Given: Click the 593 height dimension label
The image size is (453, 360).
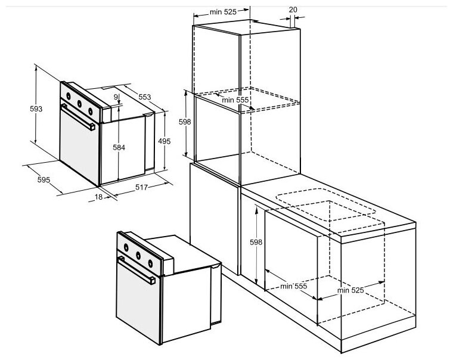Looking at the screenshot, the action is pos(36,109).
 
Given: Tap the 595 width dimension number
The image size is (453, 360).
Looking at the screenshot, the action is pos(44,180).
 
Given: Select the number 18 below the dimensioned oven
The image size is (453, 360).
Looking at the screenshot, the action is pos(98,197).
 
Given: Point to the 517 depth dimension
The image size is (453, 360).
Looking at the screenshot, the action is pos(142,187).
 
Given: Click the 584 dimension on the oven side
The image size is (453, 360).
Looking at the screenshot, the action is pos(119,147).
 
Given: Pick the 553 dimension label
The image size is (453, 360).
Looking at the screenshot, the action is pos(145,97).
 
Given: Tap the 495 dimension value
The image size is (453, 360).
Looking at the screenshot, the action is pos(165,141).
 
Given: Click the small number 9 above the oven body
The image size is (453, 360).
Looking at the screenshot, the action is pos(116,97).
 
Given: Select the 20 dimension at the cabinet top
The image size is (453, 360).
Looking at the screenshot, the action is pos(293,10).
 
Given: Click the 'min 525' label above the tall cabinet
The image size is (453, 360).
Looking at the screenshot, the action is pos(223,12).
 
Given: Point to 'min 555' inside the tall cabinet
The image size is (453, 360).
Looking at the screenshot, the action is pos(235,100).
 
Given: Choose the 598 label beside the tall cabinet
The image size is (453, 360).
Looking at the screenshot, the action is pos(185,122).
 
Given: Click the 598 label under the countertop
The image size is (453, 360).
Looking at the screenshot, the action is pos(256,242).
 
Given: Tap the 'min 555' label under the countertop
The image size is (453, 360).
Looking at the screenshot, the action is pos(293,286).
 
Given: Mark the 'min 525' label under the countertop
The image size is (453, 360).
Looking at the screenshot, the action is pos(350,290).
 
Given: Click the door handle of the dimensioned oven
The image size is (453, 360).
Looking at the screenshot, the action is pos(78,117).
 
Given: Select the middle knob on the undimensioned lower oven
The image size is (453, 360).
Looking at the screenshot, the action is pos(138,256).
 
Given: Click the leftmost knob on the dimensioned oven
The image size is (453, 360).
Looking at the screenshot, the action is pos(69,96).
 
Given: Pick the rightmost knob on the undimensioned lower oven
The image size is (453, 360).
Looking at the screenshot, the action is pos(150,263).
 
